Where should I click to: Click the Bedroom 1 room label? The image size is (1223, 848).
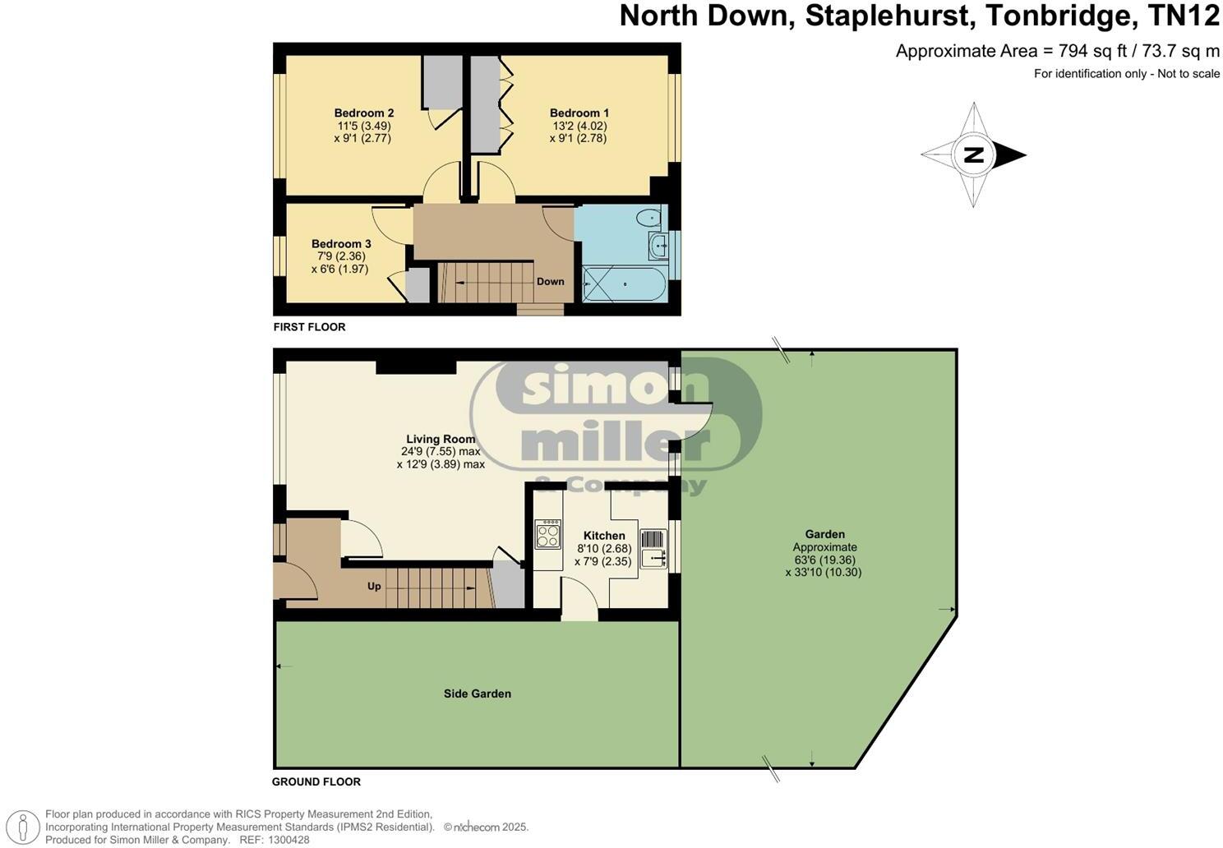pyautogui.click(x=579, y=113)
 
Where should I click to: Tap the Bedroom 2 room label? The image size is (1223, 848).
pyautogui.click(x=363, y=113)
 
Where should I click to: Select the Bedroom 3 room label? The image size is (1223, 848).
pyautogui.click(x=341, y=244)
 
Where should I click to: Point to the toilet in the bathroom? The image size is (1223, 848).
pyautogui.click(x=649, y=219)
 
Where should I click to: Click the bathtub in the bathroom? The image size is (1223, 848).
pyautogui.click(x=625, y=283)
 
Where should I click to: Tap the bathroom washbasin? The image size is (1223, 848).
pyautogui.click(x=658, y=244)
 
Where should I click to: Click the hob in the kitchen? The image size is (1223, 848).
pyautogui.click(x=547, y=534)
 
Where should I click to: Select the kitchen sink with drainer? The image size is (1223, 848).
pyautogui.click(x=654, y=549)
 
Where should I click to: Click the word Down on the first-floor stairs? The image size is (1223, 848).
pyautogui.click(x=550, y=282)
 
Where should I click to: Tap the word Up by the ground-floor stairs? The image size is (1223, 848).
pyautogui.click(x=374, y=587)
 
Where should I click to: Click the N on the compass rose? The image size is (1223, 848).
pyautogui.click(x=973, y=154)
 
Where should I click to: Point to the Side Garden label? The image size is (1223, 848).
pyautogui.click(x=477, y=694)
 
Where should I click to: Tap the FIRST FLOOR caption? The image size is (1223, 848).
pyautogui.click(x=309, y=327)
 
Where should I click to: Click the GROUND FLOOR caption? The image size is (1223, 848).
pyautogui.click(x=316, y=782)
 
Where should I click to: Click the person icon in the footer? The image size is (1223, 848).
pyautogui.click(x=26, y=826)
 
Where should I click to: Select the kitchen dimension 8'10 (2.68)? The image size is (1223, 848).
pyautogui.click(x=604, y=549)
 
